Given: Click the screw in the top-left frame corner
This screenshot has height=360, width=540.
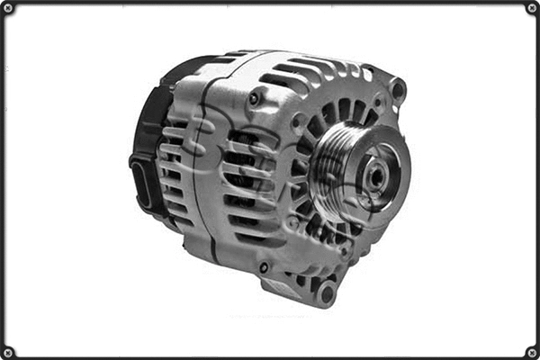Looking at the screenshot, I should click(8, 8).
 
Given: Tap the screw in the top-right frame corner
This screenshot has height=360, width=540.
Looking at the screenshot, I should click(531, 8).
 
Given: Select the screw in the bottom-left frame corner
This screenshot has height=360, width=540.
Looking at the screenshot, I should click(8, 352).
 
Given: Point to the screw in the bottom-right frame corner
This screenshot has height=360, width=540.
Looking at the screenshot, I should click(531, 352).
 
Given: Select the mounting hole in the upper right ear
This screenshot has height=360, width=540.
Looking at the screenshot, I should click(397, 90).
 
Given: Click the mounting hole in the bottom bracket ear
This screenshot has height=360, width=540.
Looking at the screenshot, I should click(327, 292).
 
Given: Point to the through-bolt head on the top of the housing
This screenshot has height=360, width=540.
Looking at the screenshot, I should click(256, 98).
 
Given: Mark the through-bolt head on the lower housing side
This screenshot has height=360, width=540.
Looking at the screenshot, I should click(264, 267).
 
